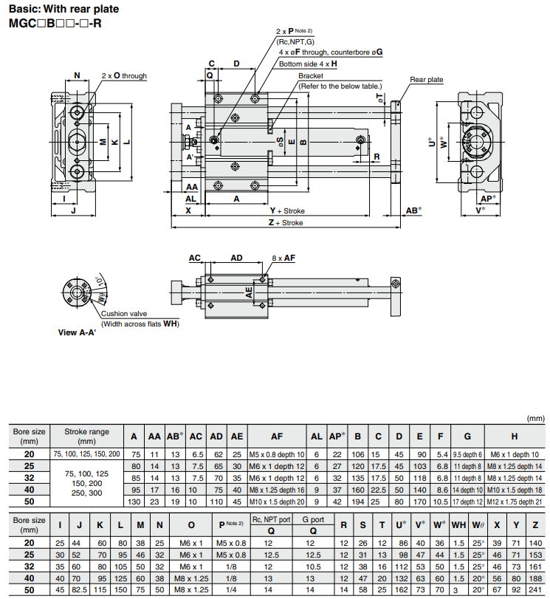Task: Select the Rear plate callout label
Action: [426, 79]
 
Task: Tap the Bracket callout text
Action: [311, 76]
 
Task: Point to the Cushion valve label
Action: [124, 313]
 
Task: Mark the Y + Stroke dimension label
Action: [287, 210]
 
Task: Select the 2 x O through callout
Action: [124, 75]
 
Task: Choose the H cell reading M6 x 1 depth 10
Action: [515, 453]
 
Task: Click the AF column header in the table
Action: [276, 437]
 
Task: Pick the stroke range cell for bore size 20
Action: [86, 453]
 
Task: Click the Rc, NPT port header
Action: [272, 520]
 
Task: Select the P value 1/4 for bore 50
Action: [231, 590]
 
